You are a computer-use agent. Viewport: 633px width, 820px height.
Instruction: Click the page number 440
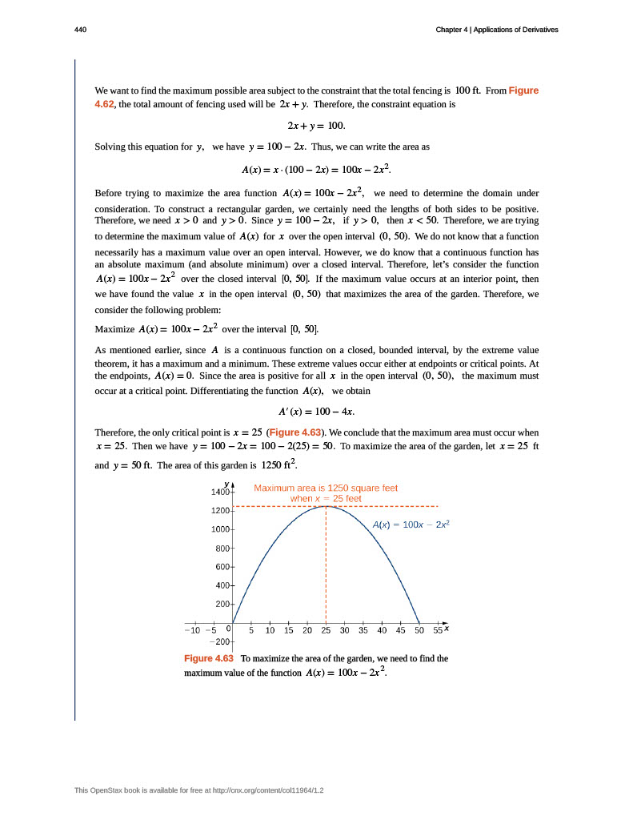coord(80,30)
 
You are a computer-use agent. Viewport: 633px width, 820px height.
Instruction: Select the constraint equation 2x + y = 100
coord(316,126)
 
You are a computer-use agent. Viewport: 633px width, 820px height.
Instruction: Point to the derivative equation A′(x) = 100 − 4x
coord(316,411)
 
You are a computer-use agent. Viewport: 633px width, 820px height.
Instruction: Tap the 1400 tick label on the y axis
coord(220,490)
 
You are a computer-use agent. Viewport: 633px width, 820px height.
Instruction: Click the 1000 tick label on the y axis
coord(220,529)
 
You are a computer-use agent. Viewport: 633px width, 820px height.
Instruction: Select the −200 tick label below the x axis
coord(219,642)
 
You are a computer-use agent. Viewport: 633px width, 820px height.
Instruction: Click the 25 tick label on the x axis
coord(326,631)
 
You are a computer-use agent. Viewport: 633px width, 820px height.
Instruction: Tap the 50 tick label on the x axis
coord(419,631)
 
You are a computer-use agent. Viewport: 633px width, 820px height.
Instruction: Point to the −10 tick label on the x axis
coord(192,631)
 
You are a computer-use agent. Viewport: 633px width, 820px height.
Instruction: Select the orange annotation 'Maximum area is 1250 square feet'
coord(326,487)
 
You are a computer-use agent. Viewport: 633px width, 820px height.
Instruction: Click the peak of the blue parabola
coord(326,506)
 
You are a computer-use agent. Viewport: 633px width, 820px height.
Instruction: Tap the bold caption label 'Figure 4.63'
coord(209,658)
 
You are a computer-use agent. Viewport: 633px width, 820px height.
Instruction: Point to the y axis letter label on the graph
coord(227,484)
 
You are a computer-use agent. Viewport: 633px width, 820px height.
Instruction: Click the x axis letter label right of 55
coord(447,629)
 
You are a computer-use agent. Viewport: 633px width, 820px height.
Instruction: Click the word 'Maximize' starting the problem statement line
coord(114,329)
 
